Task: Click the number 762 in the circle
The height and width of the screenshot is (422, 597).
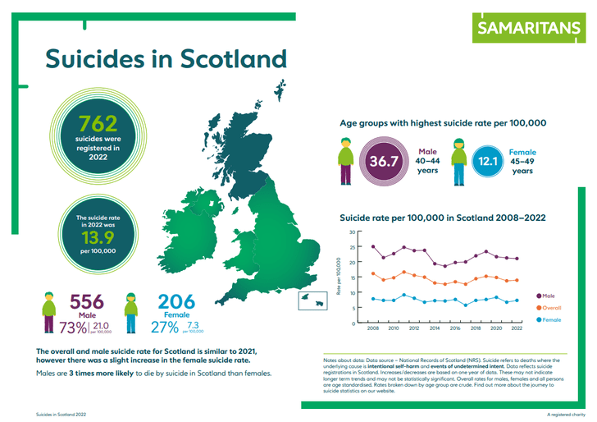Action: point(98,124)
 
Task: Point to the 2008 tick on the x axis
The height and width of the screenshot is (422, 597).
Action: point(373,329)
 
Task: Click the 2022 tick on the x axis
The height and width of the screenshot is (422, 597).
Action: point(517,329)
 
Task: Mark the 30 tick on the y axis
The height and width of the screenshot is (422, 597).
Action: point(352,232)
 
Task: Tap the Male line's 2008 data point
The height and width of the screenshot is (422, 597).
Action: point(373,246)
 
